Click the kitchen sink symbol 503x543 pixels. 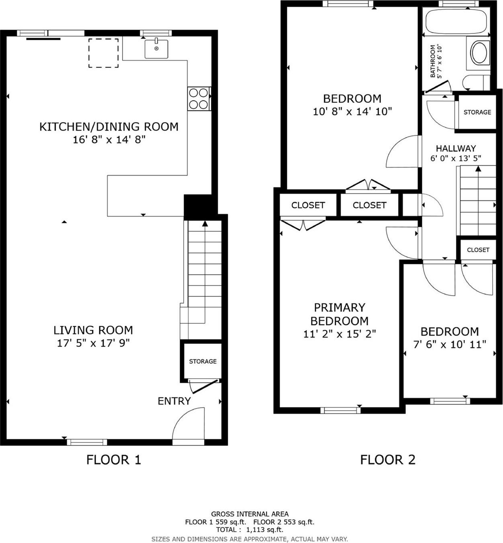156,49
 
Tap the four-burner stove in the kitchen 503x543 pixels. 199,99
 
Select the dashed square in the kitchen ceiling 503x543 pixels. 103,53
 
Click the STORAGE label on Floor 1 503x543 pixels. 202,361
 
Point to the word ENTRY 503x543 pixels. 174,401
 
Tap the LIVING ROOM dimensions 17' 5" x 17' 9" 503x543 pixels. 93,343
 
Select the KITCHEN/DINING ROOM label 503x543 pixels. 108,127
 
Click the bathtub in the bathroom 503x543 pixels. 456,22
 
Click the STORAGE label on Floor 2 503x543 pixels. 477,112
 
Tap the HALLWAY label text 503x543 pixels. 456,148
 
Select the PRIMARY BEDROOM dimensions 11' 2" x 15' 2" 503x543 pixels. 339,334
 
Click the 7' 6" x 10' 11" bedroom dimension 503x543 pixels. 450,345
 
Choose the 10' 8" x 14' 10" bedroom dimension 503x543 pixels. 352,112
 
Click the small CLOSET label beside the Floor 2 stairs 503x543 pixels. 478,250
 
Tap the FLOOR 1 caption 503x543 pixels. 114,459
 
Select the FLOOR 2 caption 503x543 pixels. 387,459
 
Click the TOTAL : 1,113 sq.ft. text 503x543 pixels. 249,530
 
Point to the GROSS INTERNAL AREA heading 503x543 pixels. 249,514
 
